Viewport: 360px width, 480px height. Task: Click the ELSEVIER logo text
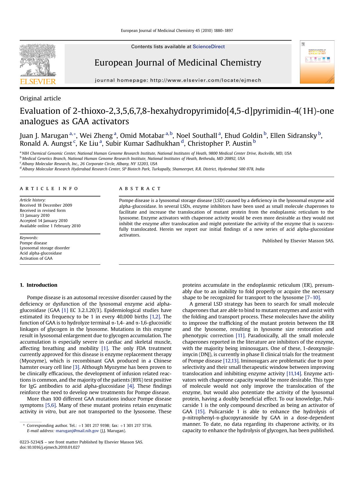click(x=38, y=82)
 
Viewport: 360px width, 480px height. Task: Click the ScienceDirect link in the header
click(x=209, y=47)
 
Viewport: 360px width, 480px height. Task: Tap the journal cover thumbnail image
click(x=317, y=62)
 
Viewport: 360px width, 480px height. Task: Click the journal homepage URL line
click(x=178, y=80)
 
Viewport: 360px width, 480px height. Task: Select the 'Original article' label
click(x=40, y=98)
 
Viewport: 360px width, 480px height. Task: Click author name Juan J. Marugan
click(x=44, y=136)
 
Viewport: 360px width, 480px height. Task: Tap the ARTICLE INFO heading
click(x=49, y=189)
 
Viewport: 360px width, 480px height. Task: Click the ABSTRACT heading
click(x=140, y=189)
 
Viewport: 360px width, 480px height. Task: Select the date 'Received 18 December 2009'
click(x=46, y=205)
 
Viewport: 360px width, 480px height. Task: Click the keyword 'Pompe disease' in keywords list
click(x=33, y=243)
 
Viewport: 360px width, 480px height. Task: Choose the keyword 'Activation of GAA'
click(x=36, y=258)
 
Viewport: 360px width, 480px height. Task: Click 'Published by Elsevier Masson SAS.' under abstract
click(x=298, y=241)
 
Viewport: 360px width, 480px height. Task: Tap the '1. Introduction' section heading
click(x=39, y=285)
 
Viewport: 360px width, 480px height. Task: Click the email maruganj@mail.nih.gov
click(x=77, y=431)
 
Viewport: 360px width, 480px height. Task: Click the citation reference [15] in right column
click(x=200, y=412)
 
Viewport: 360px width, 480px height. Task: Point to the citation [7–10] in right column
click(x=312, y=297)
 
